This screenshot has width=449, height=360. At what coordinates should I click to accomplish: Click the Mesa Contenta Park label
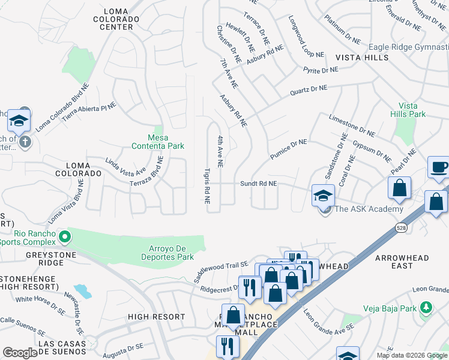click(158, 141)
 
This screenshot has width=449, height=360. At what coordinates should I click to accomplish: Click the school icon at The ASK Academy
click(323, 194)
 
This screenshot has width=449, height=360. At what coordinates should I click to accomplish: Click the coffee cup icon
click(439, 167)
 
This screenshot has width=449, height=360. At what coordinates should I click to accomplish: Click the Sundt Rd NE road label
click(259, 184)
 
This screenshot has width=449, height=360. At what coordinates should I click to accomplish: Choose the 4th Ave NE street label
click(220, 151)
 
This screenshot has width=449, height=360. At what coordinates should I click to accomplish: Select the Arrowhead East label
click(402, 262)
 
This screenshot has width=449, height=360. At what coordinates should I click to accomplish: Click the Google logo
click(20, 353)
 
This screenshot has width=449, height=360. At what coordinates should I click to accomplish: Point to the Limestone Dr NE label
click(352, 126)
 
